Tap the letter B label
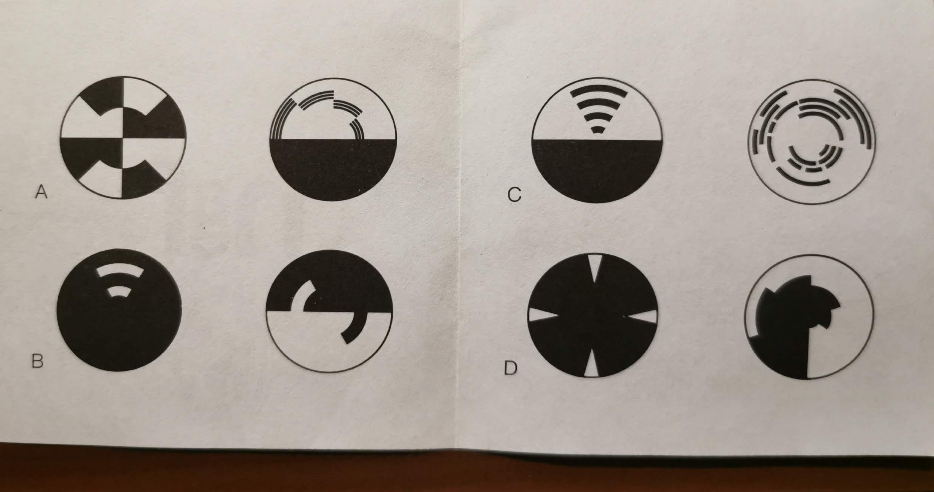(x=38, y=361)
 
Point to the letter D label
(x=511, y=368)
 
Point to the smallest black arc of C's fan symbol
(x=597, y=129)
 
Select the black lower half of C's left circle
(x=597, y=170)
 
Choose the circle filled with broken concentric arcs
(x=811, y=142)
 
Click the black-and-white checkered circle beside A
(x=123, y=138)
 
